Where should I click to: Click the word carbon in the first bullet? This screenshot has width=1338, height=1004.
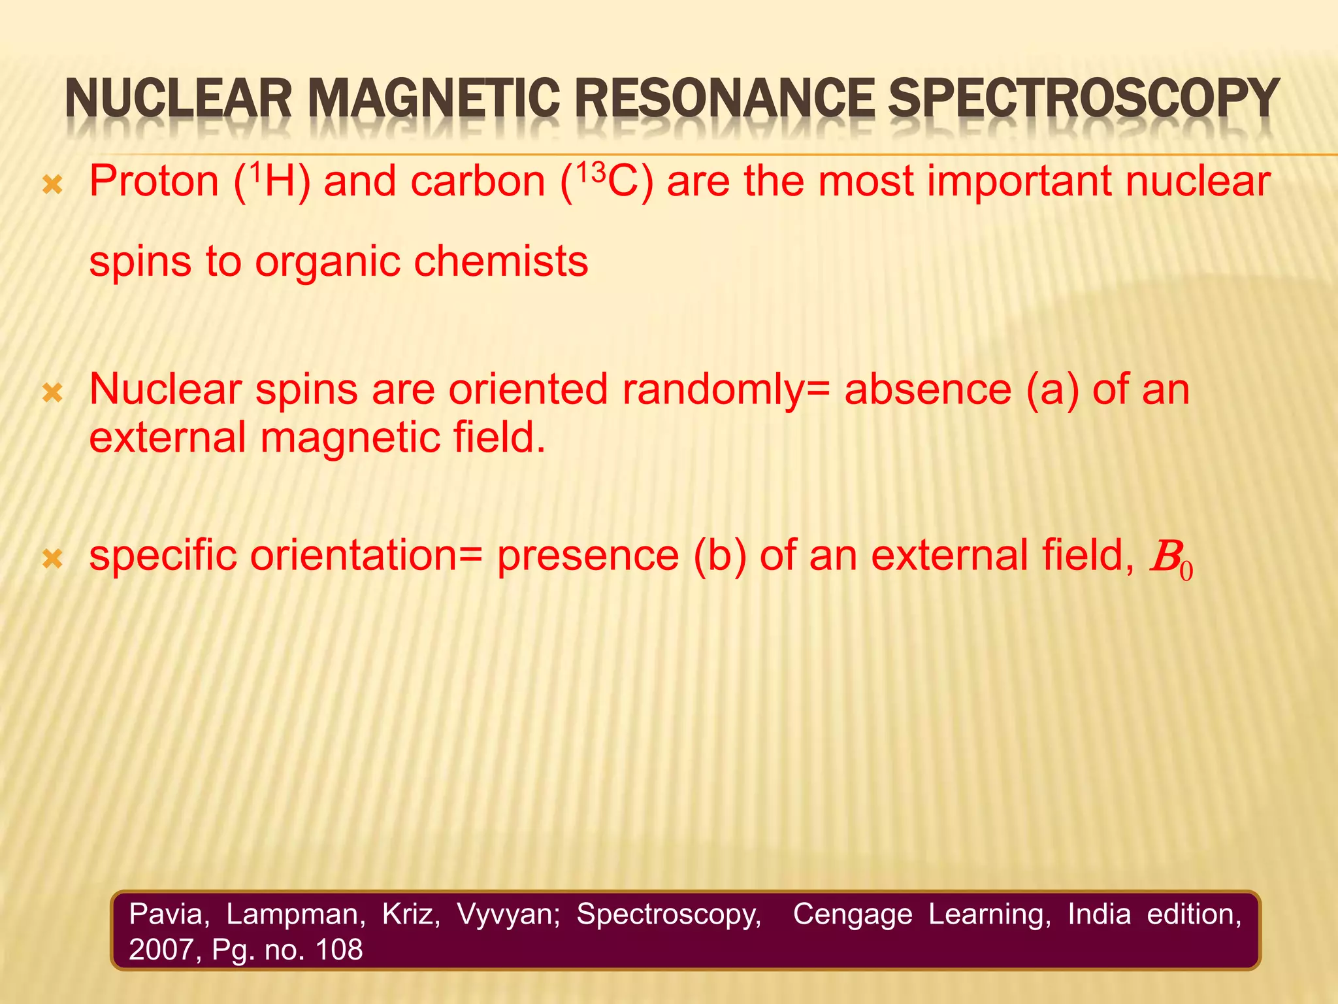point(478,181)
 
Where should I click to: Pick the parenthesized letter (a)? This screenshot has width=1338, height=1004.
point(1052,390)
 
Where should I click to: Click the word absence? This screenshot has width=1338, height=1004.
point(928,390)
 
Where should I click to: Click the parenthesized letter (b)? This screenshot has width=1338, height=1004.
point(719,556)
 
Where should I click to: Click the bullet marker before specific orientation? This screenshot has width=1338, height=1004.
point(52,559)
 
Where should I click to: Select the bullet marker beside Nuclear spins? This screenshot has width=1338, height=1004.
point(52,393)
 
